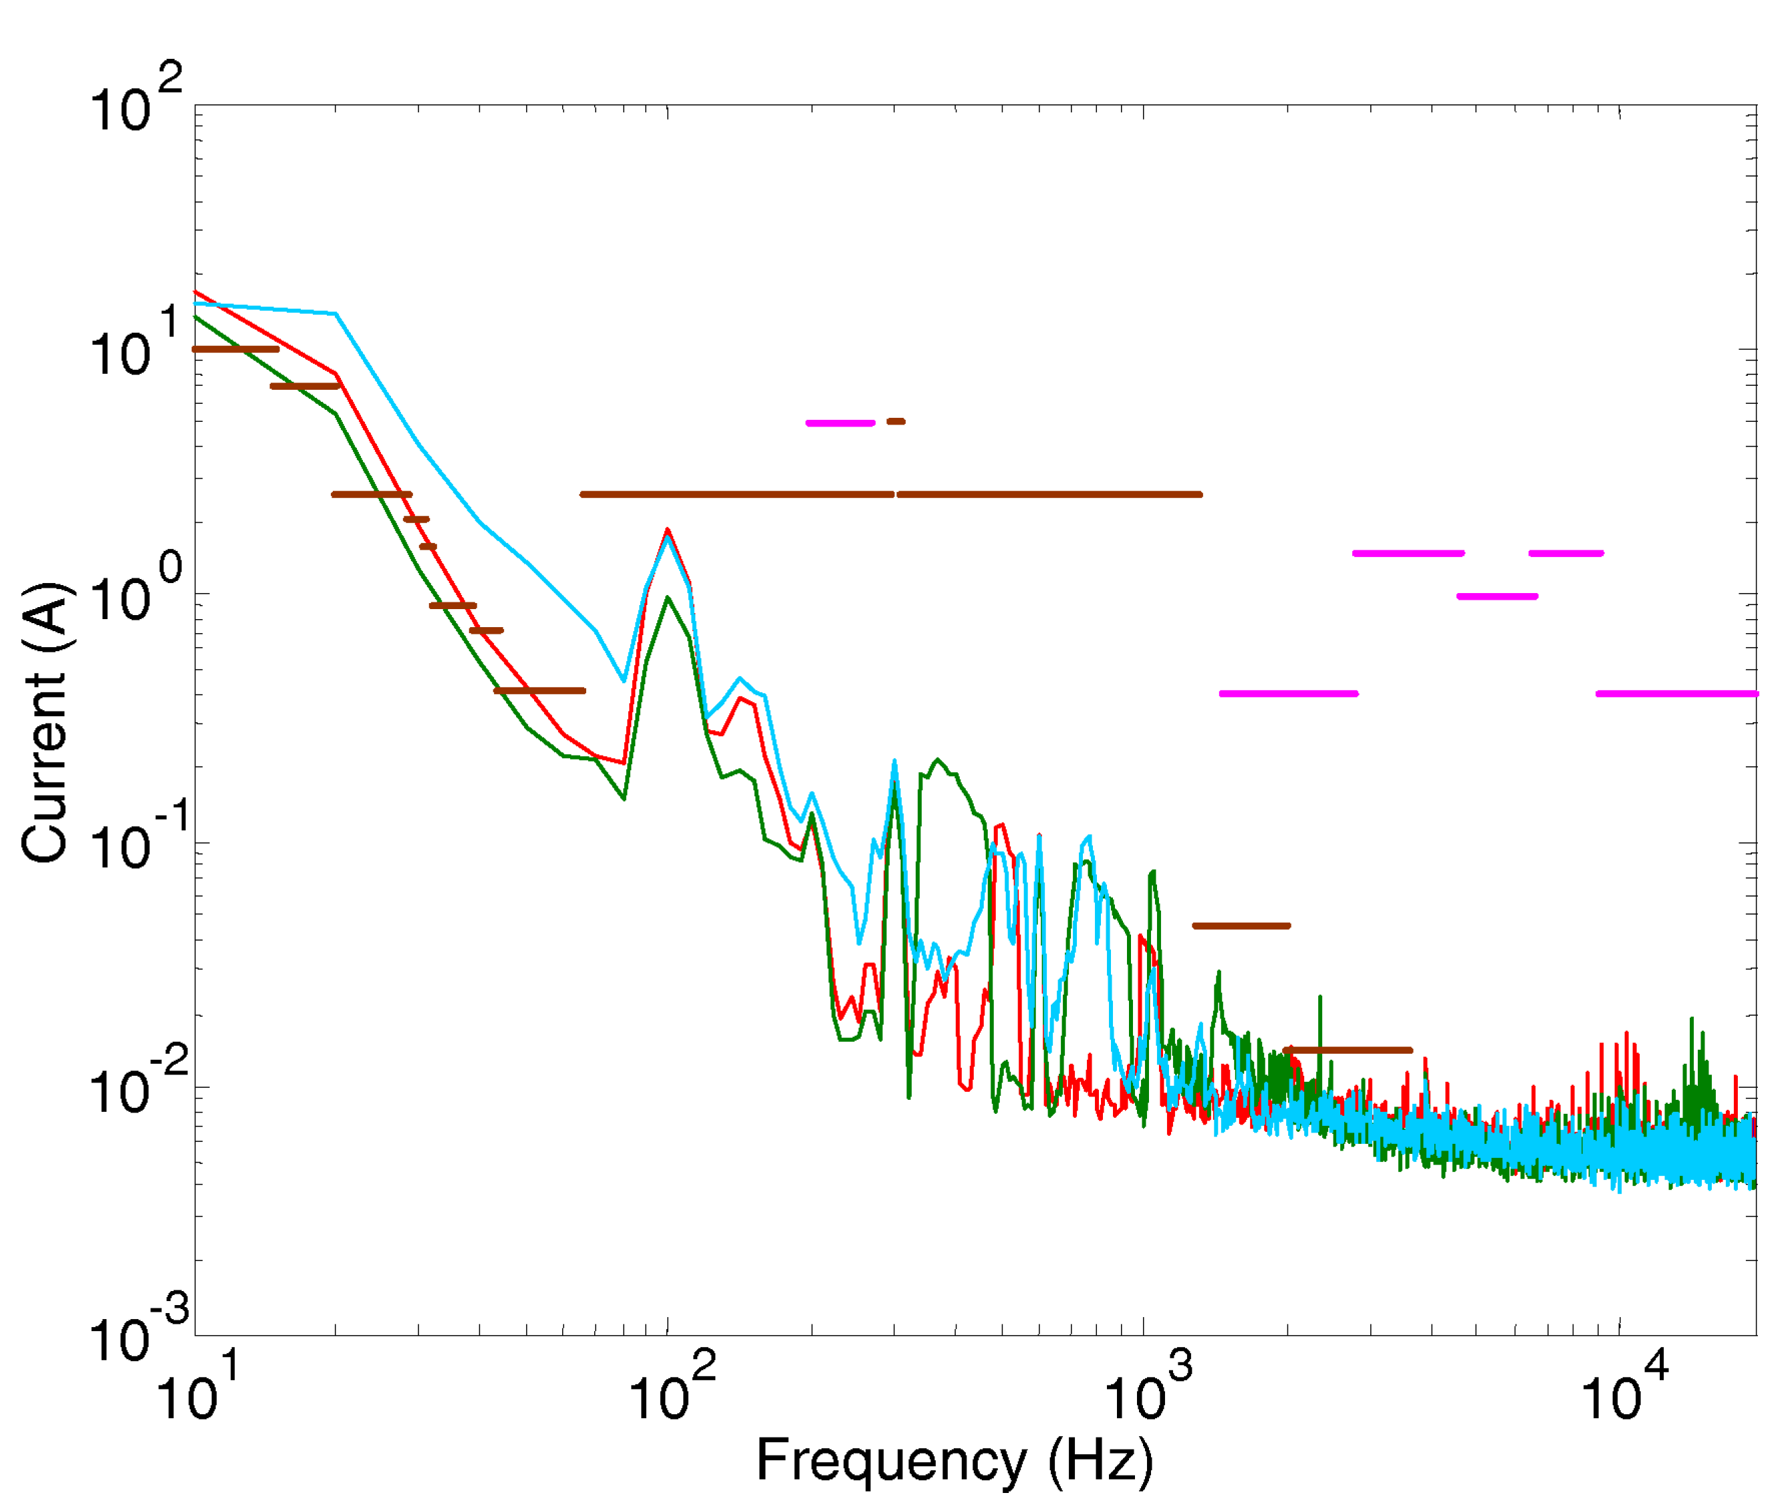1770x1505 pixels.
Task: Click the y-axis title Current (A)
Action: point(44,723)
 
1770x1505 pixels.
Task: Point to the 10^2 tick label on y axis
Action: point(135,101)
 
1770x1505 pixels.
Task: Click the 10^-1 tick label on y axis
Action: point(135,838)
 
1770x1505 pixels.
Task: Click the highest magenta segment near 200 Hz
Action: point(840,423)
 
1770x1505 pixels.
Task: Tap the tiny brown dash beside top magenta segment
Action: point(895,421)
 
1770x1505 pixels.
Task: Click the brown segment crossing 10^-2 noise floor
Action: point(1348,1050)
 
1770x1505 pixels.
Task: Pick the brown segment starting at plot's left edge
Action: point(235,349)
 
